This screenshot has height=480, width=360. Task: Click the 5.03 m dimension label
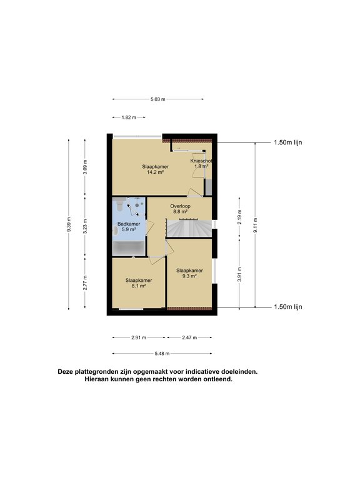click(158, 99)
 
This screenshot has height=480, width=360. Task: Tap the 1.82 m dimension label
click(129, 117)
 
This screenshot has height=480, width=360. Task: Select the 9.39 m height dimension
click(69, 224)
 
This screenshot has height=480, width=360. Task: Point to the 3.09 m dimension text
click(86, 167)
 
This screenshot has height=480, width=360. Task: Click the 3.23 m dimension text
click(86, 226)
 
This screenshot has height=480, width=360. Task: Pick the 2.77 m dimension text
click(86, 283)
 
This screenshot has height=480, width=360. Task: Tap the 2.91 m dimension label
click(139, 337)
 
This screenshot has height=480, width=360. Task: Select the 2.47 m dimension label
click(189, 337)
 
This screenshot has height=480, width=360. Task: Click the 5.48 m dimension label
click(162, 354)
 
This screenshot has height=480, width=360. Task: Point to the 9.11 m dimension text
click(255, 225)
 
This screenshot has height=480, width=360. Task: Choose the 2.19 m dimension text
click(239, 217)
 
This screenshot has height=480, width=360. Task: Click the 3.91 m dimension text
click(239, 274)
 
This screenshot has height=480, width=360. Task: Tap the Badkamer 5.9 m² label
click(129, 226)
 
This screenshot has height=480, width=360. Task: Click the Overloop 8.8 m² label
click(180, 209)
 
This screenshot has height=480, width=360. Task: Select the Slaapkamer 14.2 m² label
click(155, 169)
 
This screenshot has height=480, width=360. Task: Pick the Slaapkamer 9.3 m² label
click(189, 273)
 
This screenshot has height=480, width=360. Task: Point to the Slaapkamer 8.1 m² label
click(139, 283)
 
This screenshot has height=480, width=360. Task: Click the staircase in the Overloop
click(189, 228)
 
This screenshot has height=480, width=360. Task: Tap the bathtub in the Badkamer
click(129, 247)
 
